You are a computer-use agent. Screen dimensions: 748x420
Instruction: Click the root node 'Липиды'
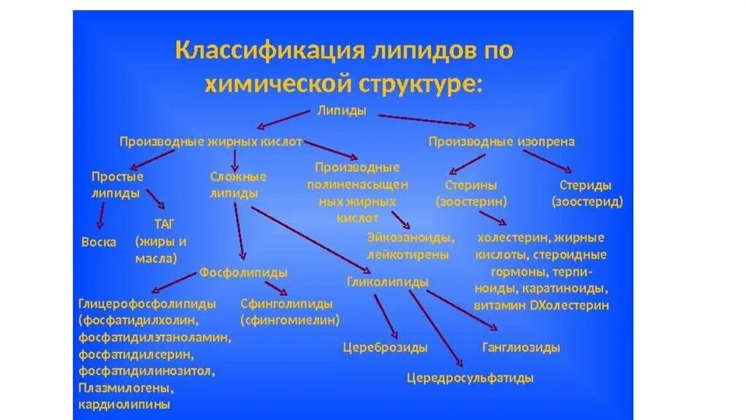(x=342, y=110)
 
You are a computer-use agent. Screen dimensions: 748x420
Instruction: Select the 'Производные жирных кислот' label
(x=210, y=142)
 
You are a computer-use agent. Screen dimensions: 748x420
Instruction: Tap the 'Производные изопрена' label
(x=501, y=142)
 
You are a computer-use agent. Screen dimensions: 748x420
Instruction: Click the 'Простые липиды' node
(x=116, y=185)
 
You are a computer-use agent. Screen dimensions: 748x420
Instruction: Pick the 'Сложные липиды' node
(x=237, y=185)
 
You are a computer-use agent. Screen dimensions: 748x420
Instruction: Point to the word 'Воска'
(x=99, y=242)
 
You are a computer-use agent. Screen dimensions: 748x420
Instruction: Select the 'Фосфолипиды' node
(x=243, y=272)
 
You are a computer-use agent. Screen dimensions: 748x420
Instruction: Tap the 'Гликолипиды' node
(x=388, y=281)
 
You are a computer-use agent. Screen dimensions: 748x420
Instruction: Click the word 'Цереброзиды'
(x=385, y=348)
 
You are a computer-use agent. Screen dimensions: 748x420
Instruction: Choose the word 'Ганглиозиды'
(x=521, y=347)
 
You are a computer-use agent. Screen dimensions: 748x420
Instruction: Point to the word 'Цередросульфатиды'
(x=470, y=378)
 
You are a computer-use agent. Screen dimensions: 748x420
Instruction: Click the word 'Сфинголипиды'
(x=286, y=304)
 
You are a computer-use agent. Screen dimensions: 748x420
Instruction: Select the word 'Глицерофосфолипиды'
(x=147, y=304)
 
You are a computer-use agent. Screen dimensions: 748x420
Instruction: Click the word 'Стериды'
(x=585, y=185)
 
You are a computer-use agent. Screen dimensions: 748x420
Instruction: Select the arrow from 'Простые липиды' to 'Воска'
(x=101, y=216)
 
